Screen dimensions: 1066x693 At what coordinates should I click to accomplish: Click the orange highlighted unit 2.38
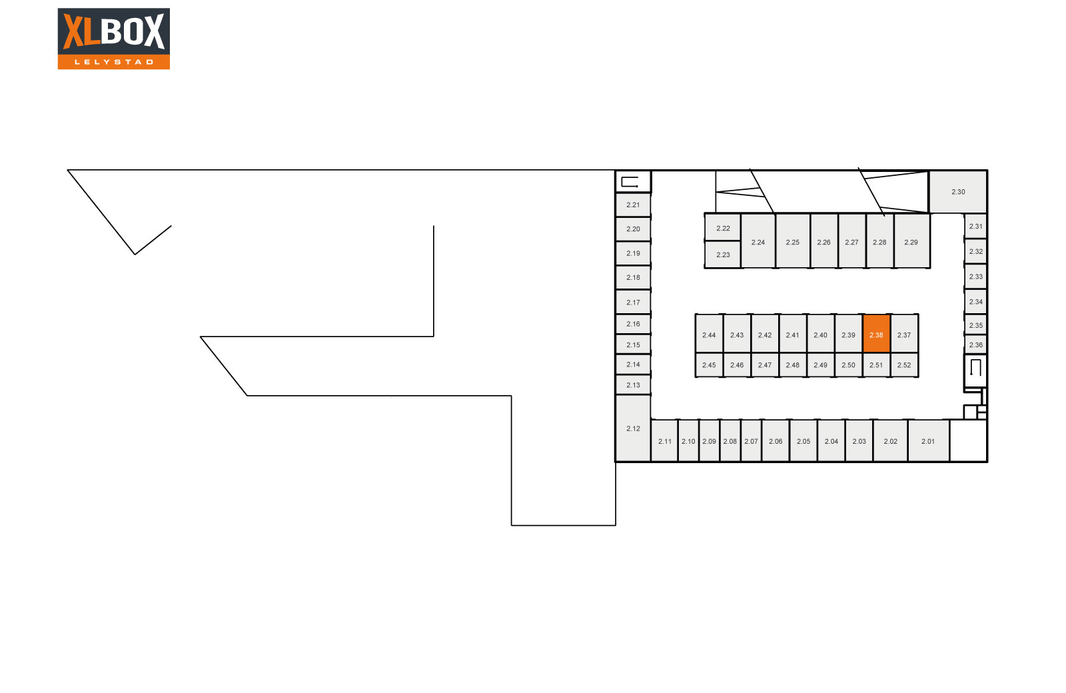pyautogui.click(x=876, y=333)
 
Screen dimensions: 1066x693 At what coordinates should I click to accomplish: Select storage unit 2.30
pyautogui.click(x=957, y=192)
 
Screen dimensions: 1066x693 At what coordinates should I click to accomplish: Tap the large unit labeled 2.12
pyautogui.click(x=633, y=428)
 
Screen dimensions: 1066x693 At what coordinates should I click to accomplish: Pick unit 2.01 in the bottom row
pyautogui.click(x=928, y=440)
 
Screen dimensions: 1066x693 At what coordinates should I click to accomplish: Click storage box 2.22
pyautogui.click(x=722, y=228)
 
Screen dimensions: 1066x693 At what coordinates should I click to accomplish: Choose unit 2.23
pyautogui.click(x=722, y=255)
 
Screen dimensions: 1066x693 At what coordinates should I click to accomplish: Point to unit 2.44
pyautogui.click(x=709, y=333)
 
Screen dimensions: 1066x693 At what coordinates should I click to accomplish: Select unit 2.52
pyautogui.click(x=904, y=364)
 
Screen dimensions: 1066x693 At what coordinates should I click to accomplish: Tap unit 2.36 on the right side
pyautogui.click(x=975, y=345)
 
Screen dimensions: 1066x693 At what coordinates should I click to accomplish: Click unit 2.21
pyautogui.click(x=633, y=205)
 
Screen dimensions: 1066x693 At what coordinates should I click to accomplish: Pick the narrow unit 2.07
pyautogui.click(x=751, y=440)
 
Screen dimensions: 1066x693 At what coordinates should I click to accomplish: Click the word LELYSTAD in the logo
pyautogui.click(x=114, y=62)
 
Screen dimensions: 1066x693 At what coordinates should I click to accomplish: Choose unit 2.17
pyautogui.click(x=633, y=302)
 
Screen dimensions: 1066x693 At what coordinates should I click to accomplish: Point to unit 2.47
pyautogui.click(x=765, y=364)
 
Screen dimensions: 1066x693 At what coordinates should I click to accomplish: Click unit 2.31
pyautogui.click(x=975, y=226)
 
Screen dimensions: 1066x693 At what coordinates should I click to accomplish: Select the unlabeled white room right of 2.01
pyautogui.click(x=968, y=440)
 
